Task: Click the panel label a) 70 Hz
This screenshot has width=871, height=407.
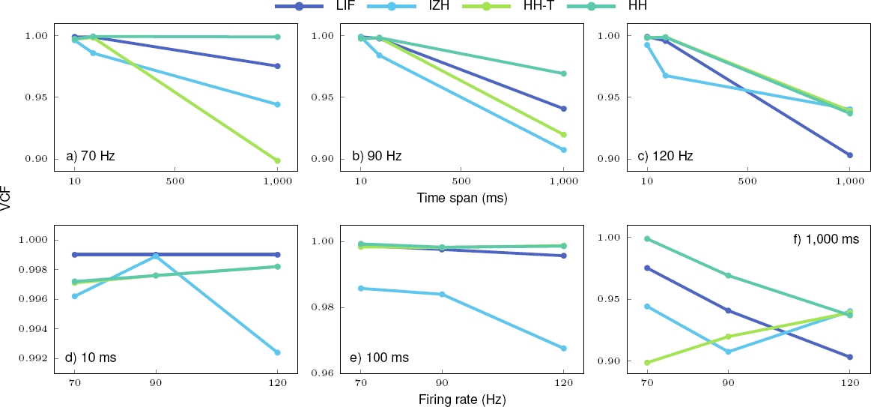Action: pos(91,157)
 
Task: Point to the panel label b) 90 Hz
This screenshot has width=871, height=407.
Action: pos(377,157)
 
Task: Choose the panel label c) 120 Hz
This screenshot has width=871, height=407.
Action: pos(665,157)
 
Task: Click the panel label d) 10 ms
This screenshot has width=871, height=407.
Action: pos(91,358)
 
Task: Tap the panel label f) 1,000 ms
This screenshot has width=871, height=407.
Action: pos(819,240)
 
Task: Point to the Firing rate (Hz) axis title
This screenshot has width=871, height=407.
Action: pos(462,399)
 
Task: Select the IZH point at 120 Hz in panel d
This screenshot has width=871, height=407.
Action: pos(277,352)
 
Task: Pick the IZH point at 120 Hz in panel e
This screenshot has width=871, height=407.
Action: pos(563,349)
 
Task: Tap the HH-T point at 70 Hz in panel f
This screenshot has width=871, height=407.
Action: pos(647,363)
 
